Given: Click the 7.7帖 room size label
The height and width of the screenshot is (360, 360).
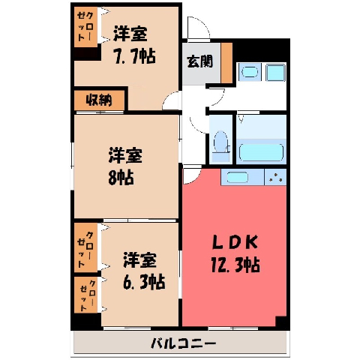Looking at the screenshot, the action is coord(135,56).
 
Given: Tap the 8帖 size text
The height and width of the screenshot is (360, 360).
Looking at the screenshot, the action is coord(121,177).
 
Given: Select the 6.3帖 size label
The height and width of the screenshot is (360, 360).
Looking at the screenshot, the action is coord(144,281).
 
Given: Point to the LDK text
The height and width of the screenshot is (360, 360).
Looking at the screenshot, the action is coord(235,242).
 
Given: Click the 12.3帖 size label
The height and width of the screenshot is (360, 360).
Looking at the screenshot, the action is coord(235,265).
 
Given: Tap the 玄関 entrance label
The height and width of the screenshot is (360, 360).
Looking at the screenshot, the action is coord(200,61).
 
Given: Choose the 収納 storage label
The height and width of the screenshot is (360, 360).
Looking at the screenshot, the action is coord(99,100).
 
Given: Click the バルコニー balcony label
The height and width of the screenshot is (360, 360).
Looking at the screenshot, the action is coord(183,343).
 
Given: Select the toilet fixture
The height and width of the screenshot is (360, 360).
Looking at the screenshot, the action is coord(221,145).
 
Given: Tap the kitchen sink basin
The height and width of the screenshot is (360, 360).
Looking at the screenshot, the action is coord(237,177).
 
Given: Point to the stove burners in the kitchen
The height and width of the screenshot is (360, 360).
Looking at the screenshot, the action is coord(275,177).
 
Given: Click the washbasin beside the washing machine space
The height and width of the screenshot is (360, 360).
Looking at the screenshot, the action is coord(250,72).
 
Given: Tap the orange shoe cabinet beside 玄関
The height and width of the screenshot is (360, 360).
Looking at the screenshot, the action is coord(226,62).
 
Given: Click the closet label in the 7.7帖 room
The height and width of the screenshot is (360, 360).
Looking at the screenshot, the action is coord(85,27).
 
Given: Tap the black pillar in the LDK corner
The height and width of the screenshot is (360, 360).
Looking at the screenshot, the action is coord(281,322).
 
